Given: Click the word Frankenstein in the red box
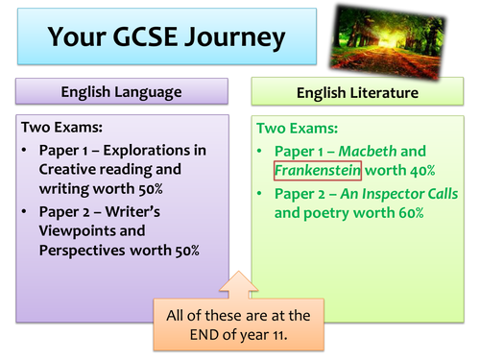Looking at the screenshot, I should click(317, 171).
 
